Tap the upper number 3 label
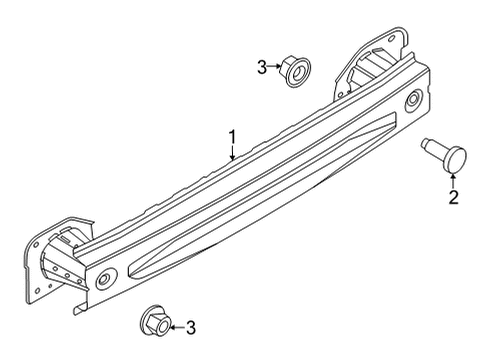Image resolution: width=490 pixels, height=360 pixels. [262, 68]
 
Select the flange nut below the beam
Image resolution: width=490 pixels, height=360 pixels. [155, 322]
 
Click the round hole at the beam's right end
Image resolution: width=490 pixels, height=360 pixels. [412, 99]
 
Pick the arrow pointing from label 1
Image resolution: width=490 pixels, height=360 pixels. [231, 152]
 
